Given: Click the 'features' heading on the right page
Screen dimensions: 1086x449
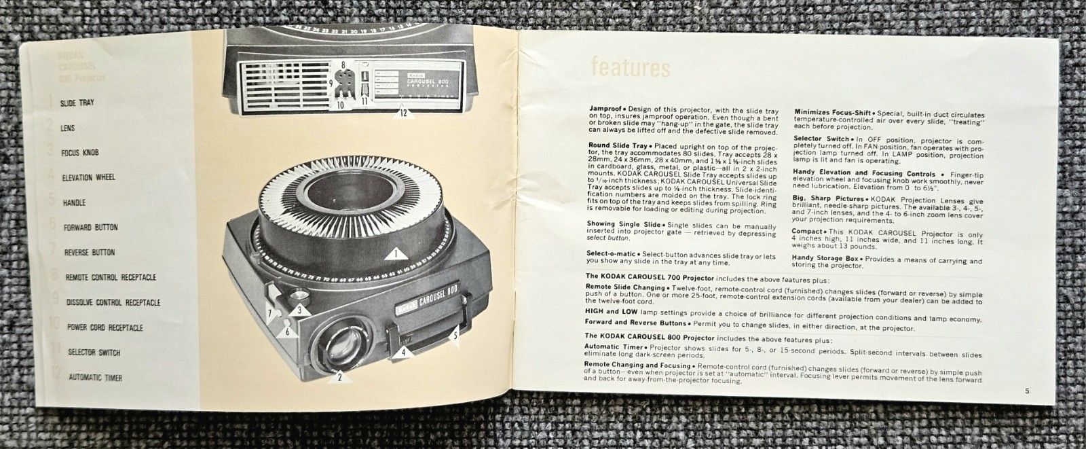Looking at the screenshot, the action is tap(631, 67).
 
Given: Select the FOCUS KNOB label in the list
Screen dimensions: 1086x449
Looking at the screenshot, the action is tap(79, 152).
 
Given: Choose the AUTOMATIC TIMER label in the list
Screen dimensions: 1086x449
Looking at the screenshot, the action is tap(95, 377).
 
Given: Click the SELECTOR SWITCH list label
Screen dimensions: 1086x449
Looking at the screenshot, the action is tap(94, 352).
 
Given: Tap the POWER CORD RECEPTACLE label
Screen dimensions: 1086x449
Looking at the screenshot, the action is tap(105, 327).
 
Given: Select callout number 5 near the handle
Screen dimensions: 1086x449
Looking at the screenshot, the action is tap(455, 333).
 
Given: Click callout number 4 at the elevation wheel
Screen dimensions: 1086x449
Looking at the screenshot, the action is tap(402, 352).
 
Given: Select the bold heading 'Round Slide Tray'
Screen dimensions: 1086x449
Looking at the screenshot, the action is tap(610, 146).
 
